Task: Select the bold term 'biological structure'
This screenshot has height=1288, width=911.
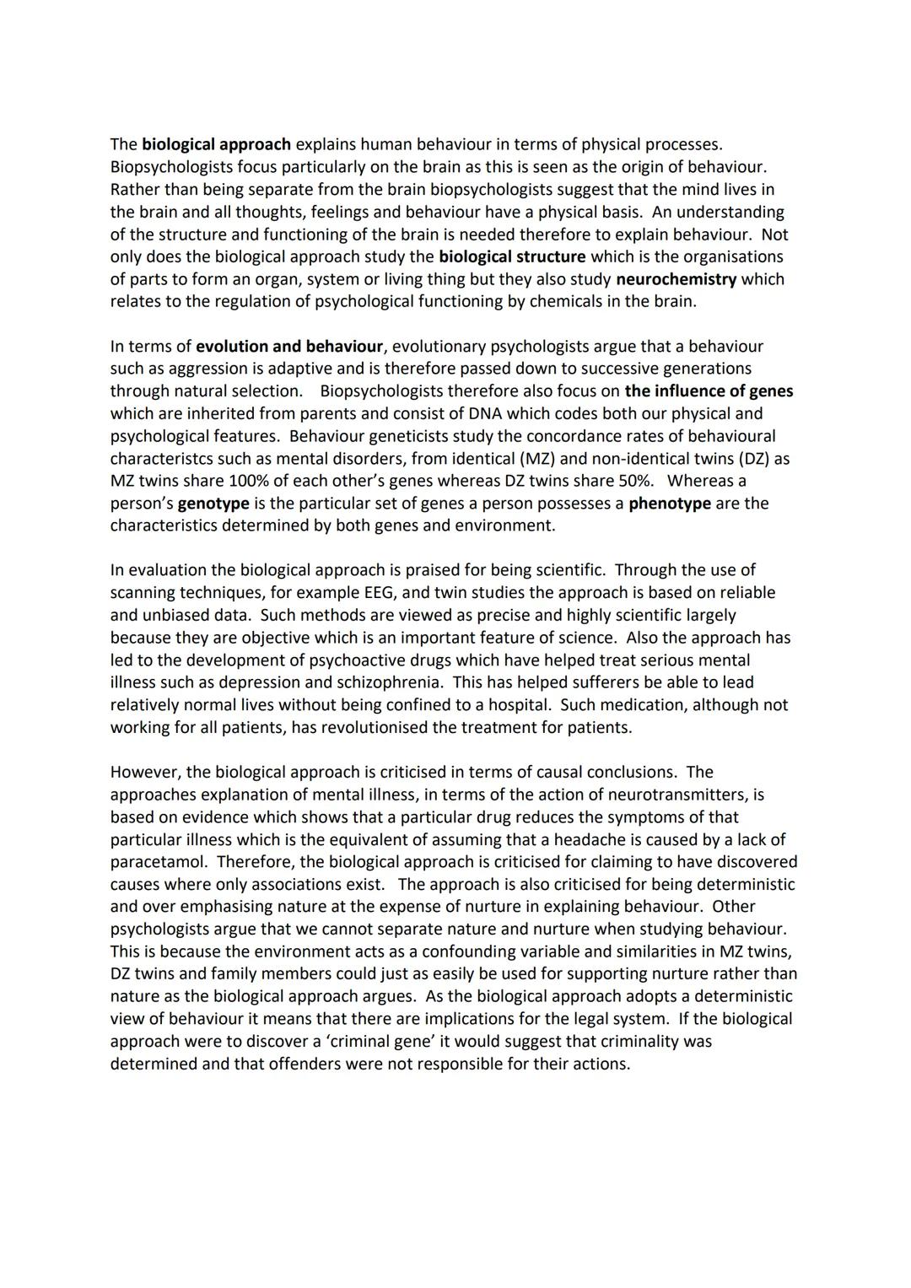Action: pos(511,256)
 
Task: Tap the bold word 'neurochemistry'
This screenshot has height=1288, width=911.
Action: pos(677,279)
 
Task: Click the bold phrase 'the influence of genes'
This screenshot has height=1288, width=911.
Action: pos(709,391)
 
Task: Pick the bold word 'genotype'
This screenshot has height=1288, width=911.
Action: pos(213,504)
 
